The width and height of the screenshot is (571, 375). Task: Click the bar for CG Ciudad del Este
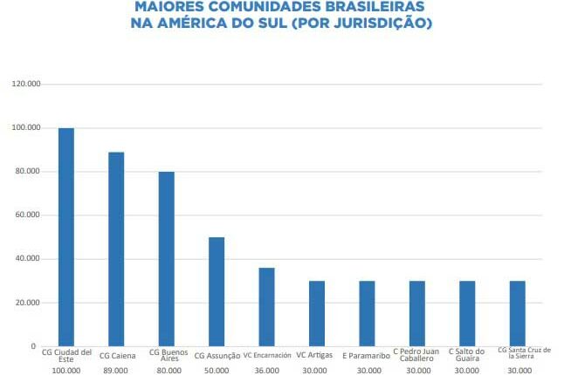click(66, 237)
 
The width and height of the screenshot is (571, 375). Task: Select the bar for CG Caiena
click(116, 249)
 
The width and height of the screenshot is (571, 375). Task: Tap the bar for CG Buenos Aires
click(166, 259)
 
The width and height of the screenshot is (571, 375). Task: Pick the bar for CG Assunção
click(217, 291)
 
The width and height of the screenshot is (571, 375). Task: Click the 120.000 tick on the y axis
click(27, 84)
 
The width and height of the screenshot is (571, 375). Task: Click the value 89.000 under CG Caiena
click(116, 371)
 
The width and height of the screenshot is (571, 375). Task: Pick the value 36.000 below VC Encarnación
click(266, 371)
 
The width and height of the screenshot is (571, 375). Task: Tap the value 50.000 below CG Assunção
click(217, 371)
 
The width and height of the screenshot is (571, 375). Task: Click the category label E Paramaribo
click(367, 356)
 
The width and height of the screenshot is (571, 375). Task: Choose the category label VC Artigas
click(316, 355)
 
